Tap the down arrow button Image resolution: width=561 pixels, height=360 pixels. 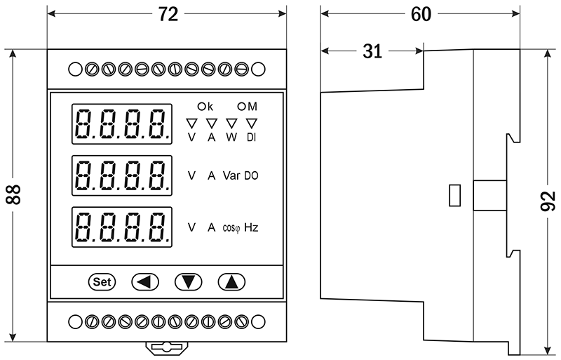coord(187,282)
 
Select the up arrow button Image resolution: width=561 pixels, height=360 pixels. coord(231,282)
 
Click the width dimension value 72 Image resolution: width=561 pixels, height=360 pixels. coord(168,14)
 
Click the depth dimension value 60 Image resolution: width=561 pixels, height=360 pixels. coord(421,14)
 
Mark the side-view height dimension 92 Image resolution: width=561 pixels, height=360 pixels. coord(548,204)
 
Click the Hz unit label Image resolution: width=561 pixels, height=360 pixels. coord(251,227)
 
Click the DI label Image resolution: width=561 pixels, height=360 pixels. coord(251,138)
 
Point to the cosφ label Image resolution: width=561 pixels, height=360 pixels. coord(231,228)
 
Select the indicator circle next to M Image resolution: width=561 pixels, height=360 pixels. coord(242,107)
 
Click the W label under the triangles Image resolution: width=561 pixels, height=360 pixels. coord(231,138)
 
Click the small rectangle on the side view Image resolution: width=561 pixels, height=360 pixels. coord(454,195)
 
